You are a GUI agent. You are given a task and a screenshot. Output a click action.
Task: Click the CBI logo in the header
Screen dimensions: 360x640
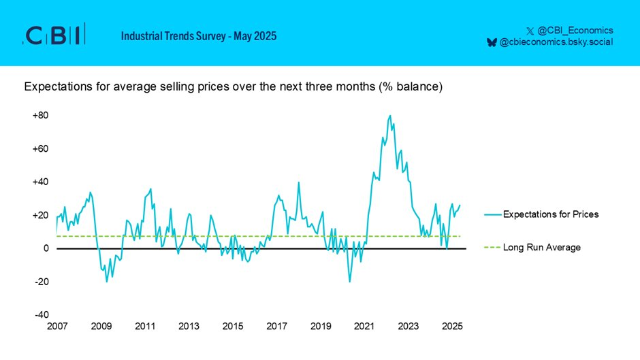[x=54, y=35]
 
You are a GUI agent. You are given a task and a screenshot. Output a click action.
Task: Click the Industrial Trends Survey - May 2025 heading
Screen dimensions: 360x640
[x=199, y=36]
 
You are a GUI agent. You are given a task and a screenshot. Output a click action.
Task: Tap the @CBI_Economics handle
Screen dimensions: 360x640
[x=575, y=30]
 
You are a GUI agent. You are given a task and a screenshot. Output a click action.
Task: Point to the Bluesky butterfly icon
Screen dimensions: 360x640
[x=492, y=42]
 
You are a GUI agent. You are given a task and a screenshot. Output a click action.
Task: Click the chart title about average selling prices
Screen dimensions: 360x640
[x=234, y=87]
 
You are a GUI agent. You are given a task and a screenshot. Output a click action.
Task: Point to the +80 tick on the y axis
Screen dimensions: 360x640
[x=40, y=116]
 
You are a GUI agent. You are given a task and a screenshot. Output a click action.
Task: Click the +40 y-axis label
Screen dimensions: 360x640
[x=40, y=182]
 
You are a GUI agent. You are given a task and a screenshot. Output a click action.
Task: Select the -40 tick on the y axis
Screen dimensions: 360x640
[x=41, y=314]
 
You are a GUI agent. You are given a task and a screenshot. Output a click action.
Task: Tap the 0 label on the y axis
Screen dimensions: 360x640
[x=46, y=248]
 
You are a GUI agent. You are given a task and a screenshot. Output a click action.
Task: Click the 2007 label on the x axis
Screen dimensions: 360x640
[x=57, y=327]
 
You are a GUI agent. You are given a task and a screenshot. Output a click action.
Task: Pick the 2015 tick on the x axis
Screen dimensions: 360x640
[x=233, y=327]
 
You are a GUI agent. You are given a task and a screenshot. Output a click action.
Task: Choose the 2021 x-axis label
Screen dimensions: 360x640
[x=364, y=327]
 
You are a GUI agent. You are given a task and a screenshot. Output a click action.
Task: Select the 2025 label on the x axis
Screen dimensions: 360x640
[x=452, y=327]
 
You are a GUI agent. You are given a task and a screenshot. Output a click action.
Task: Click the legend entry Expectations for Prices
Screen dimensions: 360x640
[x=551, y=214]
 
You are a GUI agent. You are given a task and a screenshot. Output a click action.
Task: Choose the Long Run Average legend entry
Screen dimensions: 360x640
[x=541, y=247]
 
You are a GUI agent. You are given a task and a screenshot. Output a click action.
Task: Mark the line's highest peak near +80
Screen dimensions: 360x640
[x=390, y=116]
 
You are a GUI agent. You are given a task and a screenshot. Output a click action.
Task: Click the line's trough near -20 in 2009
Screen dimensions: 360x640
[x=106, y=281]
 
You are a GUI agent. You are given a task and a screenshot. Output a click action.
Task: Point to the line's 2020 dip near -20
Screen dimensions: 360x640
[x=350, y=281]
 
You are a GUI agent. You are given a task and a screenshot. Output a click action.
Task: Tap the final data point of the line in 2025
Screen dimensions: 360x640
[x=460, y=206]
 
